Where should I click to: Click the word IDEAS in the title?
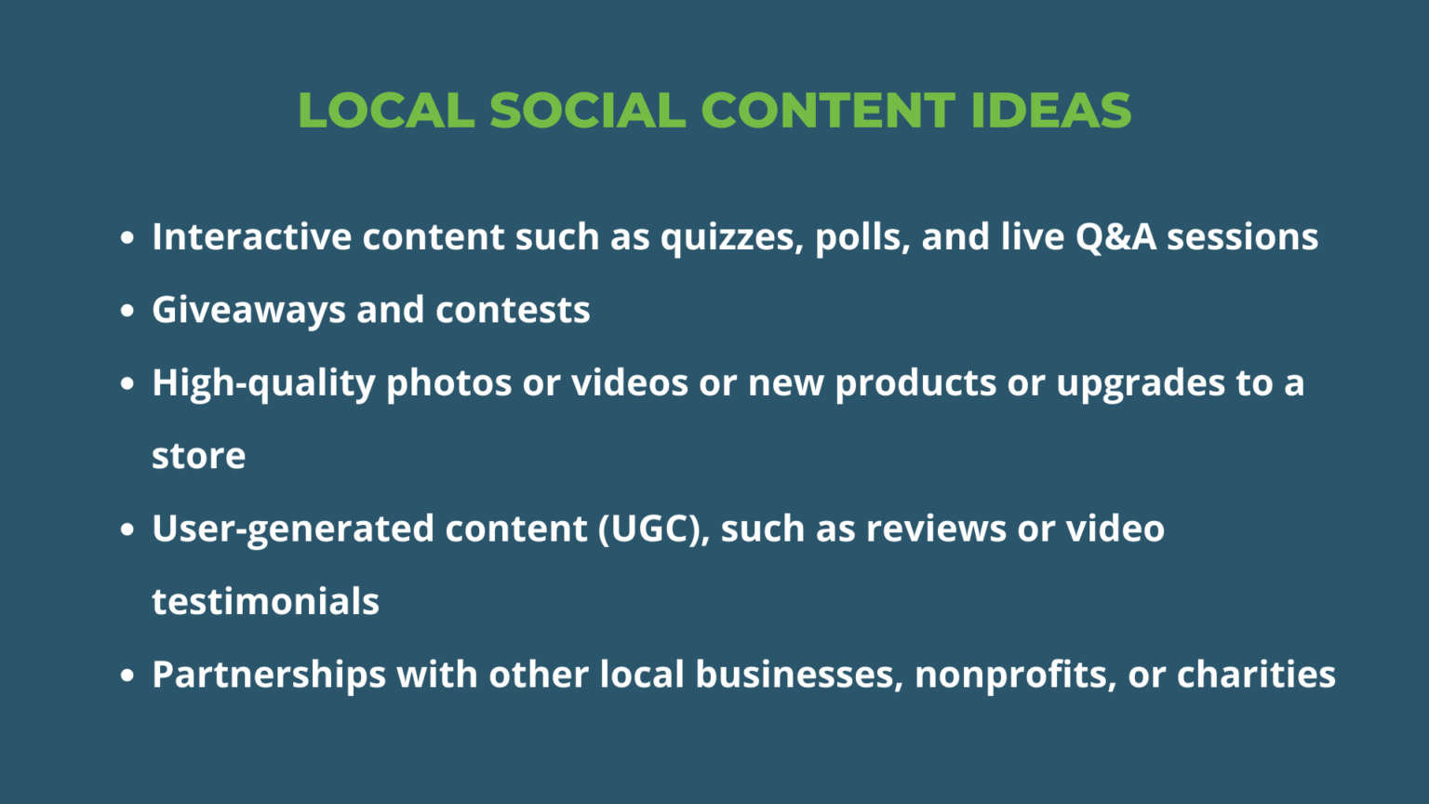tap(1050, 111)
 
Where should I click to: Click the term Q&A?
tap(1115, 237)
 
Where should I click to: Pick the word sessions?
tap(1243, 237)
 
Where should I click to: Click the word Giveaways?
tap(248, 311)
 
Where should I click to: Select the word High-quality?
tap(263, 383)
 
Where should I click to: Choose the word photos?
tap(448, 383)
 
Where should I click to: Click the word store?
tap(198, 456)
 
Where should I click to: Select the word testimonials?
tap(265, 601)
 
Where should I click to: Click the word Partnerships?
tap(269, 675)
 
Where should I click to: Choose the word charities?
tap(1256, 675)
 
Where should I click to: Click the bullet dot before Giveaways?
tap(127, 311)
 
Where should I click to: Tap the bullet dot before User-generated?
tap(127, 529)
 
